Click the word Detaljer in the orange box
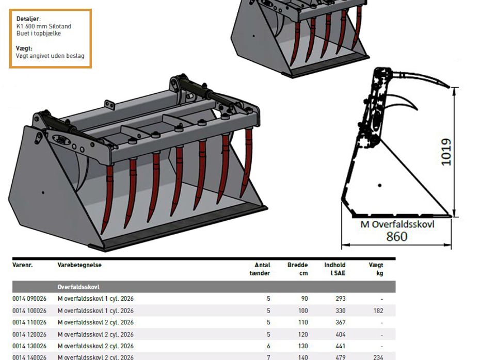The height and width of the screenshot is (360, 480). [28, 19]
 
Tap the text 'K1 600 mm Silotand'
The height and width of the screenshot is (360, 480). [44, 26]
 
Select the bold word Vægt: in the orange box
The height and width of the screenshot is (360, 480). [24, 48]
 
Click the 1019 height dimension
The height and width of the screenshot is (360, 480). [446, 152]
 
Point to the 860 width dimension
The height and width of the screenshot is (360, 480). [397, 236]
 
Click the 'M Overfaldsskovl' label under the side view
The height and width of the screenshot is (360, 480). [397, 224]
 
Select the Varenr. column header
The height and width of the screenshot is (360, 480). [22, 265]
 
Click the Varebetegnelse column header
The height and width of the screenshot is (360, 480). [79, 265]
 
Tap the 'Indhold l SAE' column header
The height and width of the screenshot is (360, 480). [335, 269]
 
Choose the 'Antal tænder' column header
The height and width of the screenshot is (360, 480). [260, 269]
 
